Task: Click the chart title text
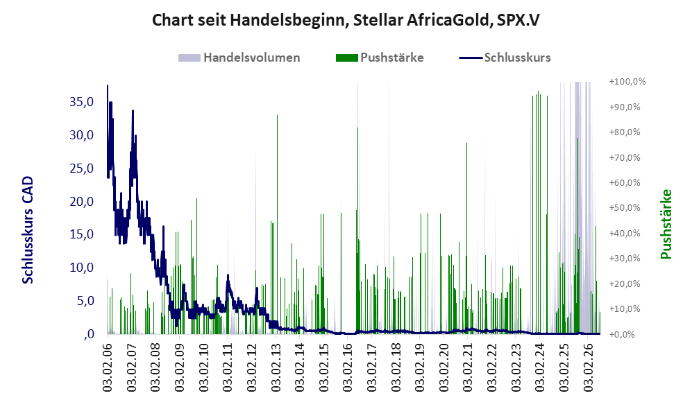click(346, 20)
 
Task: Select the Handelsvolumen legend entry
click(239, 58)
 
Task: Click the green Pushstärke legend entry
click(380, 58)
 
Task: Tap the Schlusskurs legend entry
click(505, 58)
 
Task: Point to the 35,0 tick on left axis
click(82, 102)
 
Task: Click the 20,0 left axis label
click(82, 202)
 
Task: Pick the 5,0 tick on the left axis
click(85, 301)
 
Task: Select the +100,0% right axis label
click(627, 82)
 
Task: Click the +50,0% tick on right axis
click(625, 207)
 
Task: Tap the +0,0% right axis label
click(622, 334)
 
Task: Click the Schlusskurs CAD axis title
click(28, 229)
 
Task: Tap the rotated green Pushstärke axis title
click(666, 224)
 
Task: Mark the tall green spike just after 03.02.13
click(277, 225)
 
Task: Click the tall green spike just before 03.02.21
click(466, 238)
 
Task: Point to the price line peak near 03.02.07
click(133, 111)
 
